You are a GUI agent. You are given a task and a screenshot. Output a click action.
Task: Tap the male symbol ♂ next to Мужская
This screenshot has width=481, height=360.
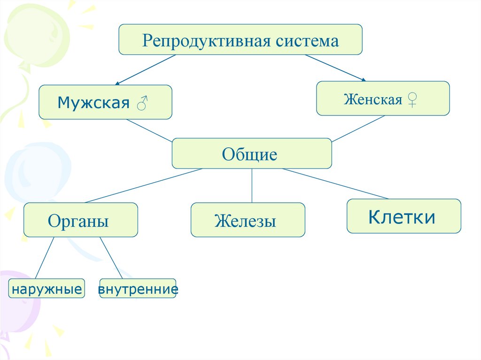click(141, 103)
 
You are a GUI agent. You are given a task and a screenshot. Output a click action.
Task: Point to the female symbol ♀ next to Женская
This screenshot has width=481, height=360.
click(412, 100)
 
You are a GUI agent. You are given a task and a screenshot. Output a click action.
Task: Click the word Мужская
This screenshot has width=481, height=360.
click(93, 103)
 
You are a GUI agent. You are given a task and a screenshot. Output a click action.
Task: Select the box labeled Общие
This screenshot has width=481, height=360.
click(252, 153)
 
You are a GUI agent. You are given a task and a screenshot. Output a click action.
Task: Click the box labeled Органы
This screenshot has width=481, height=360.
click(80, 220)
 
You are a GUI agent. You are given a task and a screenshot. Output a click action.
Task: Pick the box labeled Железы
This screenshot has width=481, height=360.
click(248, 220)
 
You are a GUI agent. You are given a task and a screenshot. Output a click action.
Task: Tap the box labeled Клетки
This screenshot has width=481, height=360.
click(403, 216)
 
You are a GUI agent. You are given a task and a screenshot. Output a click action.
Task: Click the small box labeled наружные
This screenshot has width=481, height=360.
click(47, 289)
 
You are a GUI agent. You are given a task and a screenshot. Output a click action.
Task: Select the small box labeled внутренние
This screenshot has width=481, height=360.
click(138, 289)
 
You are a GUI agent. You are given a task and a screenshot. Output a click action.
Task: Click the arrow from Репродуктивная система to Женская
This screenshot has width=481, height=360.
click(335, 68)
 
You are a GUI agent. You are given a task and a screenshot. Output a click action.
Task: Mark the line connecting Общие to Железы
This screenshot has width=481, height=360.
click(252, 185)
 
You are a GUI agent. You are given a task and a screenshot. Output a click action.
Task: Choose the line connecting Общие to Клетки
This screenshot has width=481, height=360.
click(336, 184)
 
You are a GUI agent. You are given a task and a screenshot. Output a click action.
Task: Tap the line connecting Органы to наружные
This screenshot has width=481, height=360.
click(45, 258)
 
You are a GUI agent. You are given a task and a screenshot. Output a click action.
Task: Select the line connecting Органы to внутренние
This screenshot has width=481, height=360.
click(111, 258)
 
